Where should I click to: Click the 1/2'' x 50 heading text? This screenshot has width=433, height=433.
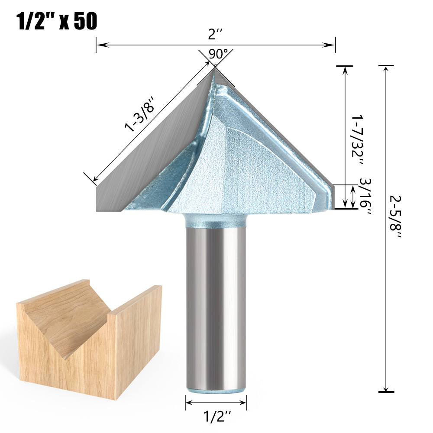point(56,21)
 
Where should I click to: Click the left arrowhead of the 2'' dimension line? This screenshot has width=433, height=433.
point(99,44)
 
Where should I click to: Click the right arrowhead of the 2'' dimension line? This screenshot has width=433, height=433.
point(332,44)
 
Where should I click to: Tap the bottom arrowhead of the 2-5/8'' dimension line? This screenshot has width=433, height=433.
point(385,388)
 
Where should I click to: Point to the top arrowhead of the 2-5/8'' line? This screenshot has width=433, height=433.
point(385,68)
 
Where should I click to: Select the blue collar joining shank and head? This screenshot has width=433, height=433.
point(216,221)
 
